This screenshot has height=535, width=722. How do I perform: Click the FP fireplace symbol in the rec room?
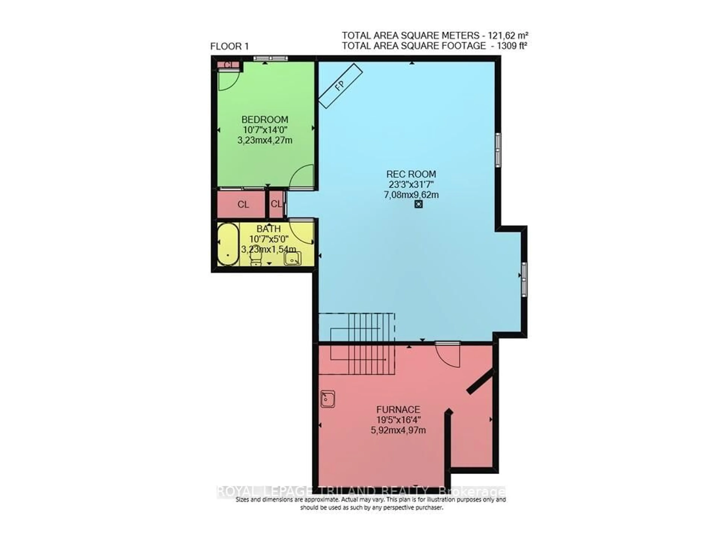coord(340,86)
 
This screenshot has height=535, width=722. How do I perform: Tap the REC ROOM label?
coord(411,174)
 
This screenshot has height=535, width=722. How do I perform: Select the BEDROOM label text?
coord(265,119)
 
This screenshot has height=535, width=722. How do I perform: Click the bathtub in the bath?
coord(228,244)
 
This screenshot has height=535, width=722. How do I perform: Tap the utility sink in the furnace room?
coord(328,399)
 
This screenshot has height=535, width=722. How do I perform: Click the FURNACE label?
coord(398,410)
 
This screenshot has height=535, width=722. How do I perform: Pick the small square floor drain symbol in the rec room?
coord(418,204)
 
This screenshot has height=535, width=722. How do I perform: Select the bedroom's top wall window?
coord(270,58)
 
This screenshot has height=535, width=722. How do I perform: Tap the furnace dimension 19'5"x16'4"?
coord(398,420)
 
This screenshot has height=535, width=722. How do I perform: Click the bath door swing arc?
coord(301,231)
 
